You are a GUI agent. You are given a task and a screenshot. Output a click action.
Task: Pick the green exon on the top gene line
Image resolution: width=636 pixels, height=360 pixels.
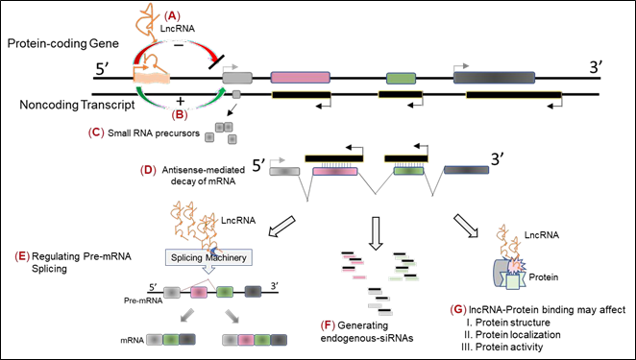[400, 77]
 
